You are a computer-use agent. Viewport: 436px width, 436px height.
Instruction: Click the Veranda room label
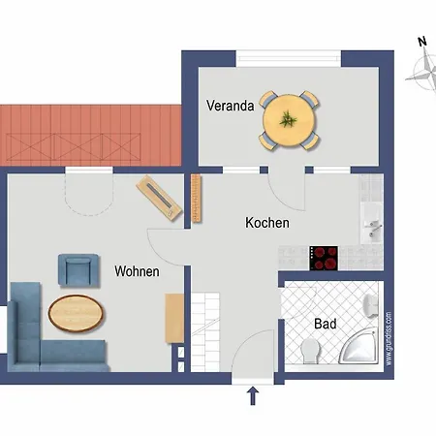pos(230,106)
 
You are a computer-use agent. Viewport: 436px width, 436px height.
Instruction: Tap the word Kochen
pos(267,223)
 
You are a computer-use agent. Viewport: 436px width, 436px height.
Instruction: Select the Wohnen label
pos(137,271)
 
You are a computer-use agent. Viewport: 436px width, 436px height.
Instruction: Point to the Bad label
pos(326,324)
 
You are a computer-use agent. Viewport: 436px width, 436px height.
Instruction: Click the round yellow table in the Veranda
pos(289,120)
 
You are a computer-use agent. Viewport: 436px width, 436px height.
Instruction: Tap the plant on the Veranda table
pos(288,119)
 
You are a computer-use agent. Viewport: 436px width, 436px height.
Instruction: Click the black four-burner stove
pos(324,258)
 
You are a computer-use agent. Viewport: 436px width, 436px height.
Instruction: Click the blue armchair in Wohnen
pos(78,270)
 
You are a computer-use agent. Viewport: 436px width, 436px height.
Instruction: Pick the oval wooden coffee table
pos(76,313)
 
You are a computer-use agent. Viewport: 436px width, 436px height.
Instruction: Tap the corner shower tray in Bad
pos(359,346)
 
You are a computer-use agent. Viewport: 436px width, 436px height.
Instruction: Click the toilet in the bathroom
pos(310,351)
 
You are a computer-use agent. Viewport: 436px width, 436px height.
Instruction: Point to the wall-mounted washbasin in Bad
pos(371,305)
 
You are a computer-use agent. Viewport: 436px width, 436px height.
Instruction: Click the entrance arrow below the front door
pos(253,395)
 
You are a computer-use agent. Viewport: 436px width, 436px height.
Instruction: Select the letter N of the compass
pos(422,42)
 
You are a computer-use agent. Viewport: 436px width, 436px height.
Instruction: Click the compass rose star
pos(424,73)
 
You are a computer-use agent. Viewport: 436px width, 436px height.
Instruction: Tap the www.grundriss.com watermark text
pos(389,339)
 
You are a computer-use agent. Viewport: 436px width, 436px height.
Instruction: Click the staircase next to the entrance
pos(205,332)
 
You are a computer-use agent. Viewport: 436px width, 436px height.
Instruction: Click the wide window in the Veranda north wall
pos(289,58)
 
